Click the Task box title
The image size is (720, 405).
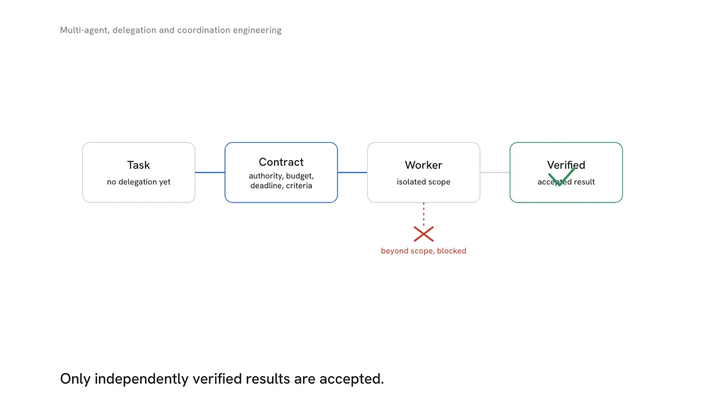pyautogui.click(x=138, y=165)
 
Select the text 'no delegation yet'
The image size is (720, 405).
pyautogui.click(x=138, y=182)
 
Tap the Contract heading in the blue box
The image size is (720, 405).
pyautogui.click(x=281, y=162)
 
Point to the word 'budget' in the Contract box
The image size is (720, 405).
pyautogui.click(x=299, y=176)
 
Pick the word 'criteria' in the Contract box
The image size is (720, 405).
pyautogui.click(x=299, y=186)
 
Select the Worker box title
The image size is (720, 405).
pyautogui.click(x=424, y=165)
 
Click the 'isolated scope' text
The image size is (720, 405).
pyautogui.click(x=424, y=182)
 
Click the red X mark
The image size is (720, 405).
pyautogui.click(x=424, y=234)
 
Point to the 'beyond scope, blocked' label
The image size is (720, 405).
pyautogui.click(x=424, y=251)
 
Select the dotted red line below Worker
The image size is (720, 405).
pyautogui.click(x=424, y=214)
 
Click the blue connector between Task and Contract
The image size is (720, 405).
pyautogui.click(x=210, y=173)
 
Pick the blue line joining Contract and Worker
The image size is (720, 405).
pyautogui.click(x=352, y=173)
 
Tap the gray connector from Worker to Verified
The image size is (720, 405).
pyautogui.click(x=495, y=173)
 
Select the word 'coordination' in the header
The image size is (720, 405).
pyautogui.click(x=204, y=30)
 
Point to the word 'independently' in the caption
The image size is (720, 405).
pyautogui.click(x=141, y=379)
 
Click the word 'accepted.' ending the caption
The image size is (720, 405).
pyautogui.click(x=352, y=379)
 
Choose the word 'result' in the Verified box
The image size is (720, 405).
pyautogui.click(x=584, y=182)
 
